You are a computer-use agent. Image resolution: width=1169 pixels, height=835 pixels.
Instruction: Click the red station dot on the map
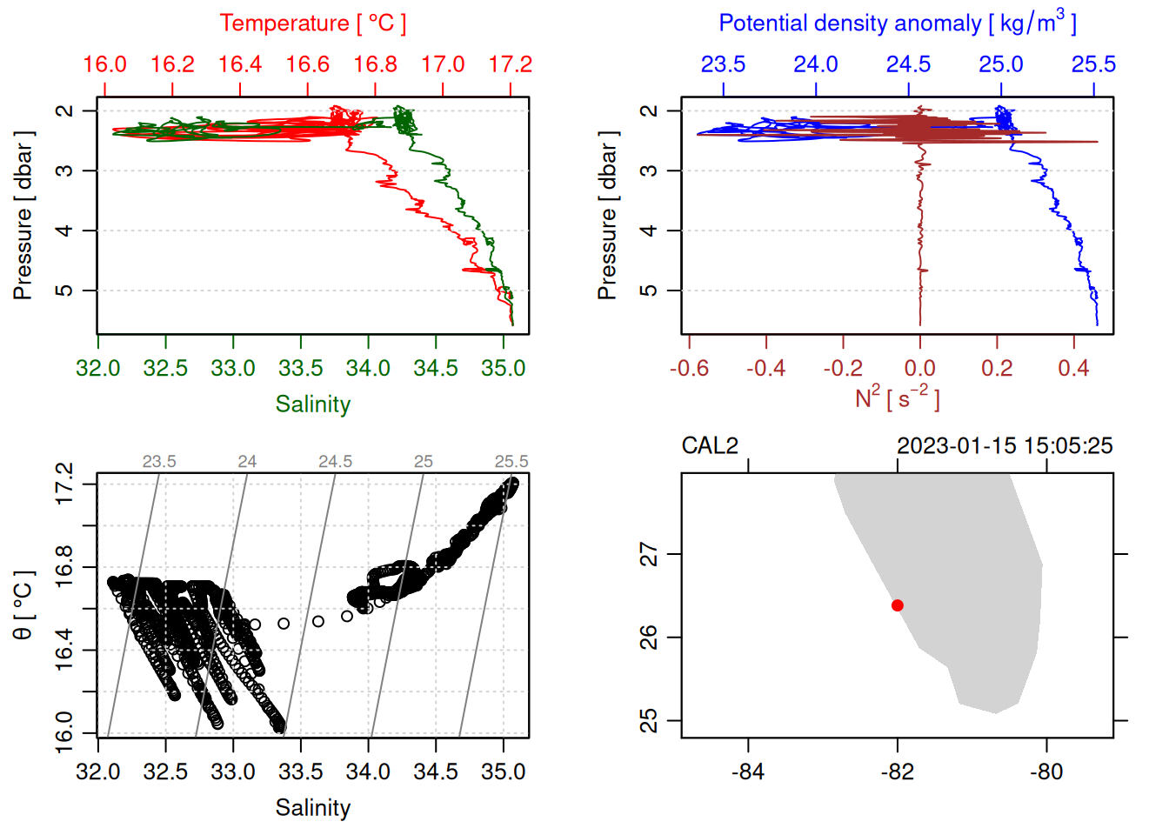coord(897,605)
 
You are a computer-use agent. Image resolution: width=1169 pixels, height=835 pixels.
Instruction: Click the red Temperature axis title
coord(312,23)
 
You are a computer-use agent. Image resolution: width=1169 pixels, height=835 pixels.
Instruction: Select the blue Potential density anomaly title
coord(897,23)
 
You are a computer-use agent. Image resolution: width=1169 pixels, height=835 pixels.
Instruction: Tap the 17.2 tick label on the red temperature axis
coord(510,64)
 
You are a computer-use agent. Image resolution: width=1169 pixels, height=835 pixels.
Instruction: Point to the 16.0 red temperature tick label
coord(104,64)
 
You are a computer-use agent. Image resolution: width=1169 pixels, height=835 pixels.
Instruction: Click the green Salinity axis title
coord(312,404)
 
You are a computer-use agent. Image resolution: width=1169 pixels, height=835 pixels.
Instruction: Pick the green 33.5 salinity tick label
coord(300,368)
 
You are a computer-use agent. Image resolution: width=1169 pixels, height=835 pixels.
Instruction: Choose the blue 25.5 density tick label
coord(1093,64)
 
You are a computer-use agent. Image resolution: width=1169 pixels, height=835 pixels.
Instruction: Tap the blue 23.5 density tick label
coord(723,64)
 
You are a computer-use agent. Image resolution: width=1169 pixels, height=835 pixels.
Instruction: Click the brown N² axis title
coord(897,397)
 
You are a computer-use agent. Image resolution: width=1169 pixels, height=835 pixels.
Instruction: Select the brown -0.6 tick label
coord(689,368)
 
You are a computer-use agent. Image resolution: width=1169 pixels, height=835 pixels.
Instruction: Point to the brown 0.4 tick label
coord(1073,368)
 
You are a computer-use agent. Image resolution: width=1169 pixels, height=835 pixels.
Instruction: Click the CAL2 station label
coord(710,446)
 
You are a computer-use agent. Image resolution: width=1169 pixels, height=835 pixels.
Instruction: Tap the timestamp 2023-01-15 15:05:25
coord(1005,446)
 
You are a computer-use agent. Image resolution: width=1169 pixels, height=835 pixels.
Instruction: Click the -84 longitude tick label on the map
coord(748,772)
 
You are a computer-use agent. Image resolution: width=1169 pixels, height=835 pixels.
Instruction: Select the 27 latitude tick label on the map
coord(649,554)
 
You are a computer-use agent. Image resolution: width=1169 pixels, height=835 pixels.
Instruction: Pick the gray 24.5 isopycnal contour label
coord(335,462)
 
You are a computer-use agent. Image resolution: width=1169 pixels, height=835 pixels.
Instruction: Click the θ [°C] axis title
coord(23,605)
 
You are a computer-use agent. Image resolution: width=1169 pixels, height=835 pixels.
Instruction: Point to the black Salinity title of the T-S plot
coord(312,808)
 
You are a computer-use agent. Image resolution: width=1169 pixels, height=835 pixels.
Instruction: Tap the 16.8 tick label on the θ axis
coord(64,566)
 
